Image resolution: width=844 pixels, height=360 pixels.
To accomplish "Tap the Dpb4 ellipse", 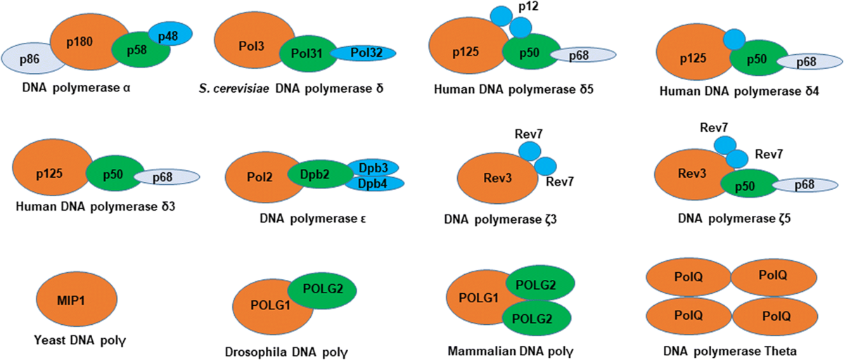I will (374, 183).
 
